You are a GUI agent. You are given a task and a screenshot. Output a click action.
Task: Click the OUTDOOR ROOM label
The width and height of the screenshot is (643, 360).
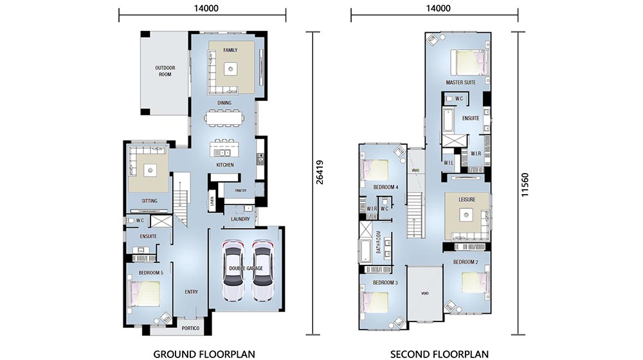click(165, 71)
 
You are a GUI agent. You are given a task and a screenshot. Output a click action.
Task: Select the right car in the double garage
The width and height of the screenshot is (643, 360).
click(262, 271)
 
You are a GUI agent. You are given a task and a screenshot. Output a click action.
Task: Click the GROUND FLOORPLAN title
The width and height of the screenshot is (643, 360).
click(204, 354)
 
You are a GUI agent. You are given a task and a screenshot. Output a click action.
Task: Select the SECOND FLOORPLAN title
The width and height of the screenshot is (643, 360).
click(440, 354)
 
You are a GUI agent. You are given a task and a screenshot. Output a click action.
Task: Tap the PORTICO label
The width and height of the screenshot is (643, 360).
click(191, 328)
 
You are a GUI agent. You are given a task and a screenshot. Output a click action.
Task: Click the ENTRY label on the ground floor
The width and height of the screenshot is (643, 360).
click(192, 292)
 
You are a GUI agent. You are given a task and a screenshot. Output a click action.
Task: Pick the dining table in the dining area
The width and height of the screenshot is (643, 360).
click(224, 118)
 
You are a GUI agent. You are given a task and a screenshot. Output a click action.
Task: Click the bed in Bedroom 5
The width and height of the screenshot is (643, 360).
click(147, 293)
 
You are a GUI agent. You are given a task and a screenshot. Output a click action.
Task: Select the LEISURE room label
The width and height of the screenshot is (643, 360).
click(467, 199)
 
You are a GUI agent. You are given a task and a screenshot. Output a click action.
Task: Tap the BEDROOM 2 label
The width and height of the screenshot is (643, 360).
click(466, 262)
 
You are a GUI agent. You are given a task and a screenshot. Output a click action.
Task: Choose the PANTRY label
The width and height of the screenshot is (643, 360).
click(240, 190)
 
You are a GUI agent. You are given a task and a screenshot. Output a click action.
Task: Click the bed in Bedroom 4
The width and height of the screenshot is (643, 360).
click(377, 170)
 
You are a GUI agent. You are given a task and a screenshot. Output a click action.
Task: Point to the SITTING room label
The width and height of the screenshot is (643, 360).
click(149, 201)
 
